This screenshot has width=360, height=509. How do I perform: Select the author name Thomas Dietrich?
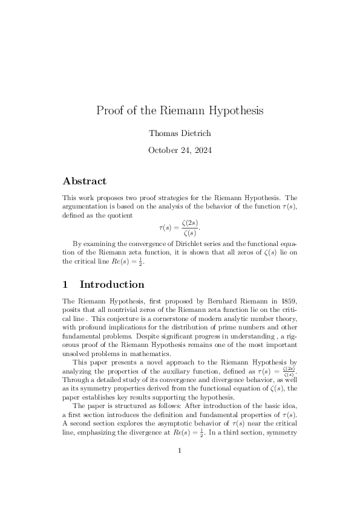pos(180,133)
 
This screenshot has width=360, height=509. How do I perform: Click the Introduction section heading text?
pos(112,284)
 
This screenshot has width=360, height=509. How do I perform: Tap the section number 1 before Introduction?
pos(66,284)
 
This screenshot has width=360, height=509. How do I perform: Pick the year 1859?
pos(286,300)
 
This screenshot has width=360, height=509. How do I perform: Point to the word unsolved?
pos(76,354)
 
